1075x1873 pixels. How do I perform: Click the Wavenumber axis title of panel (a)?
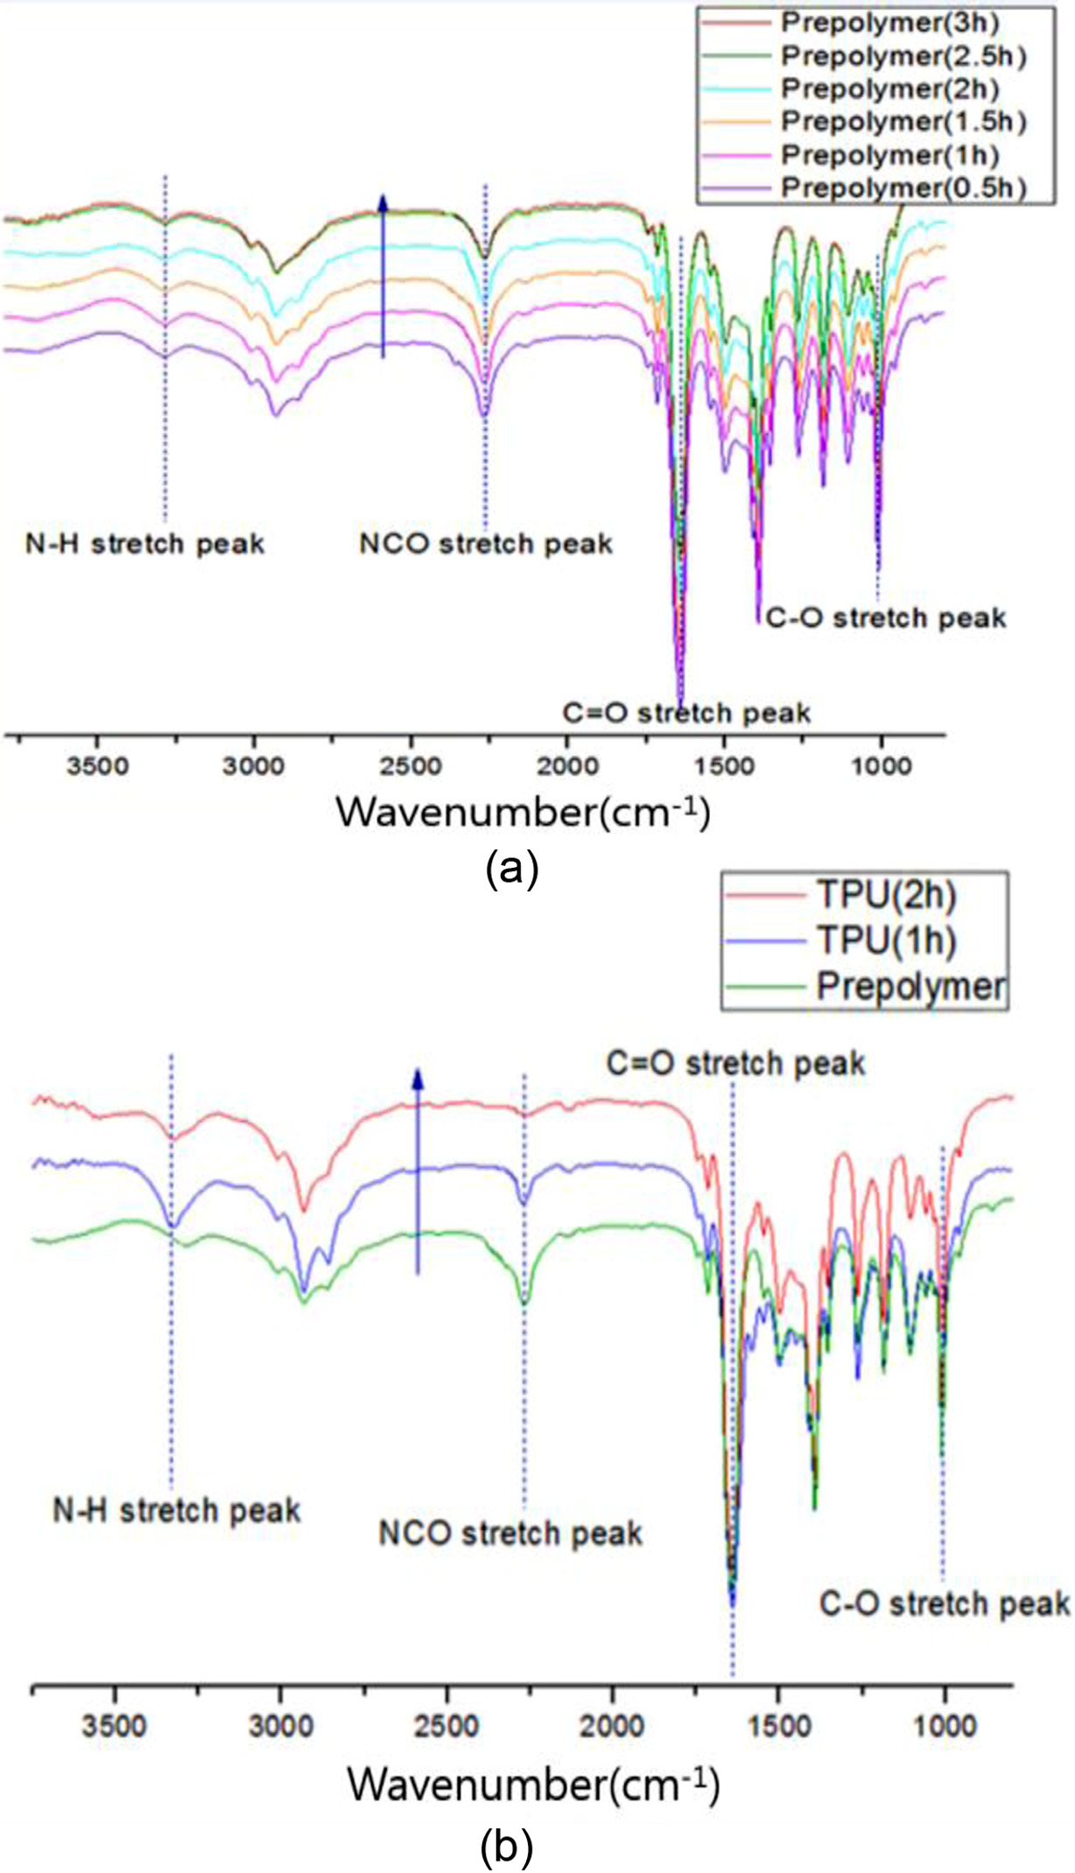[523, 813]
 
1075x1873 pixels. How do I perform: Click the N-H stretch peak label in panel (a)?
[144, 544]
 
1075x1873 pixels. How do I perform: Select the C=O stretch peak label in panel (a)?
[686, 713]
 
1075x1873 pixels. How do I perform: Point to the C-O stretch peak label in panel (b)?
[944, 1603]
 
